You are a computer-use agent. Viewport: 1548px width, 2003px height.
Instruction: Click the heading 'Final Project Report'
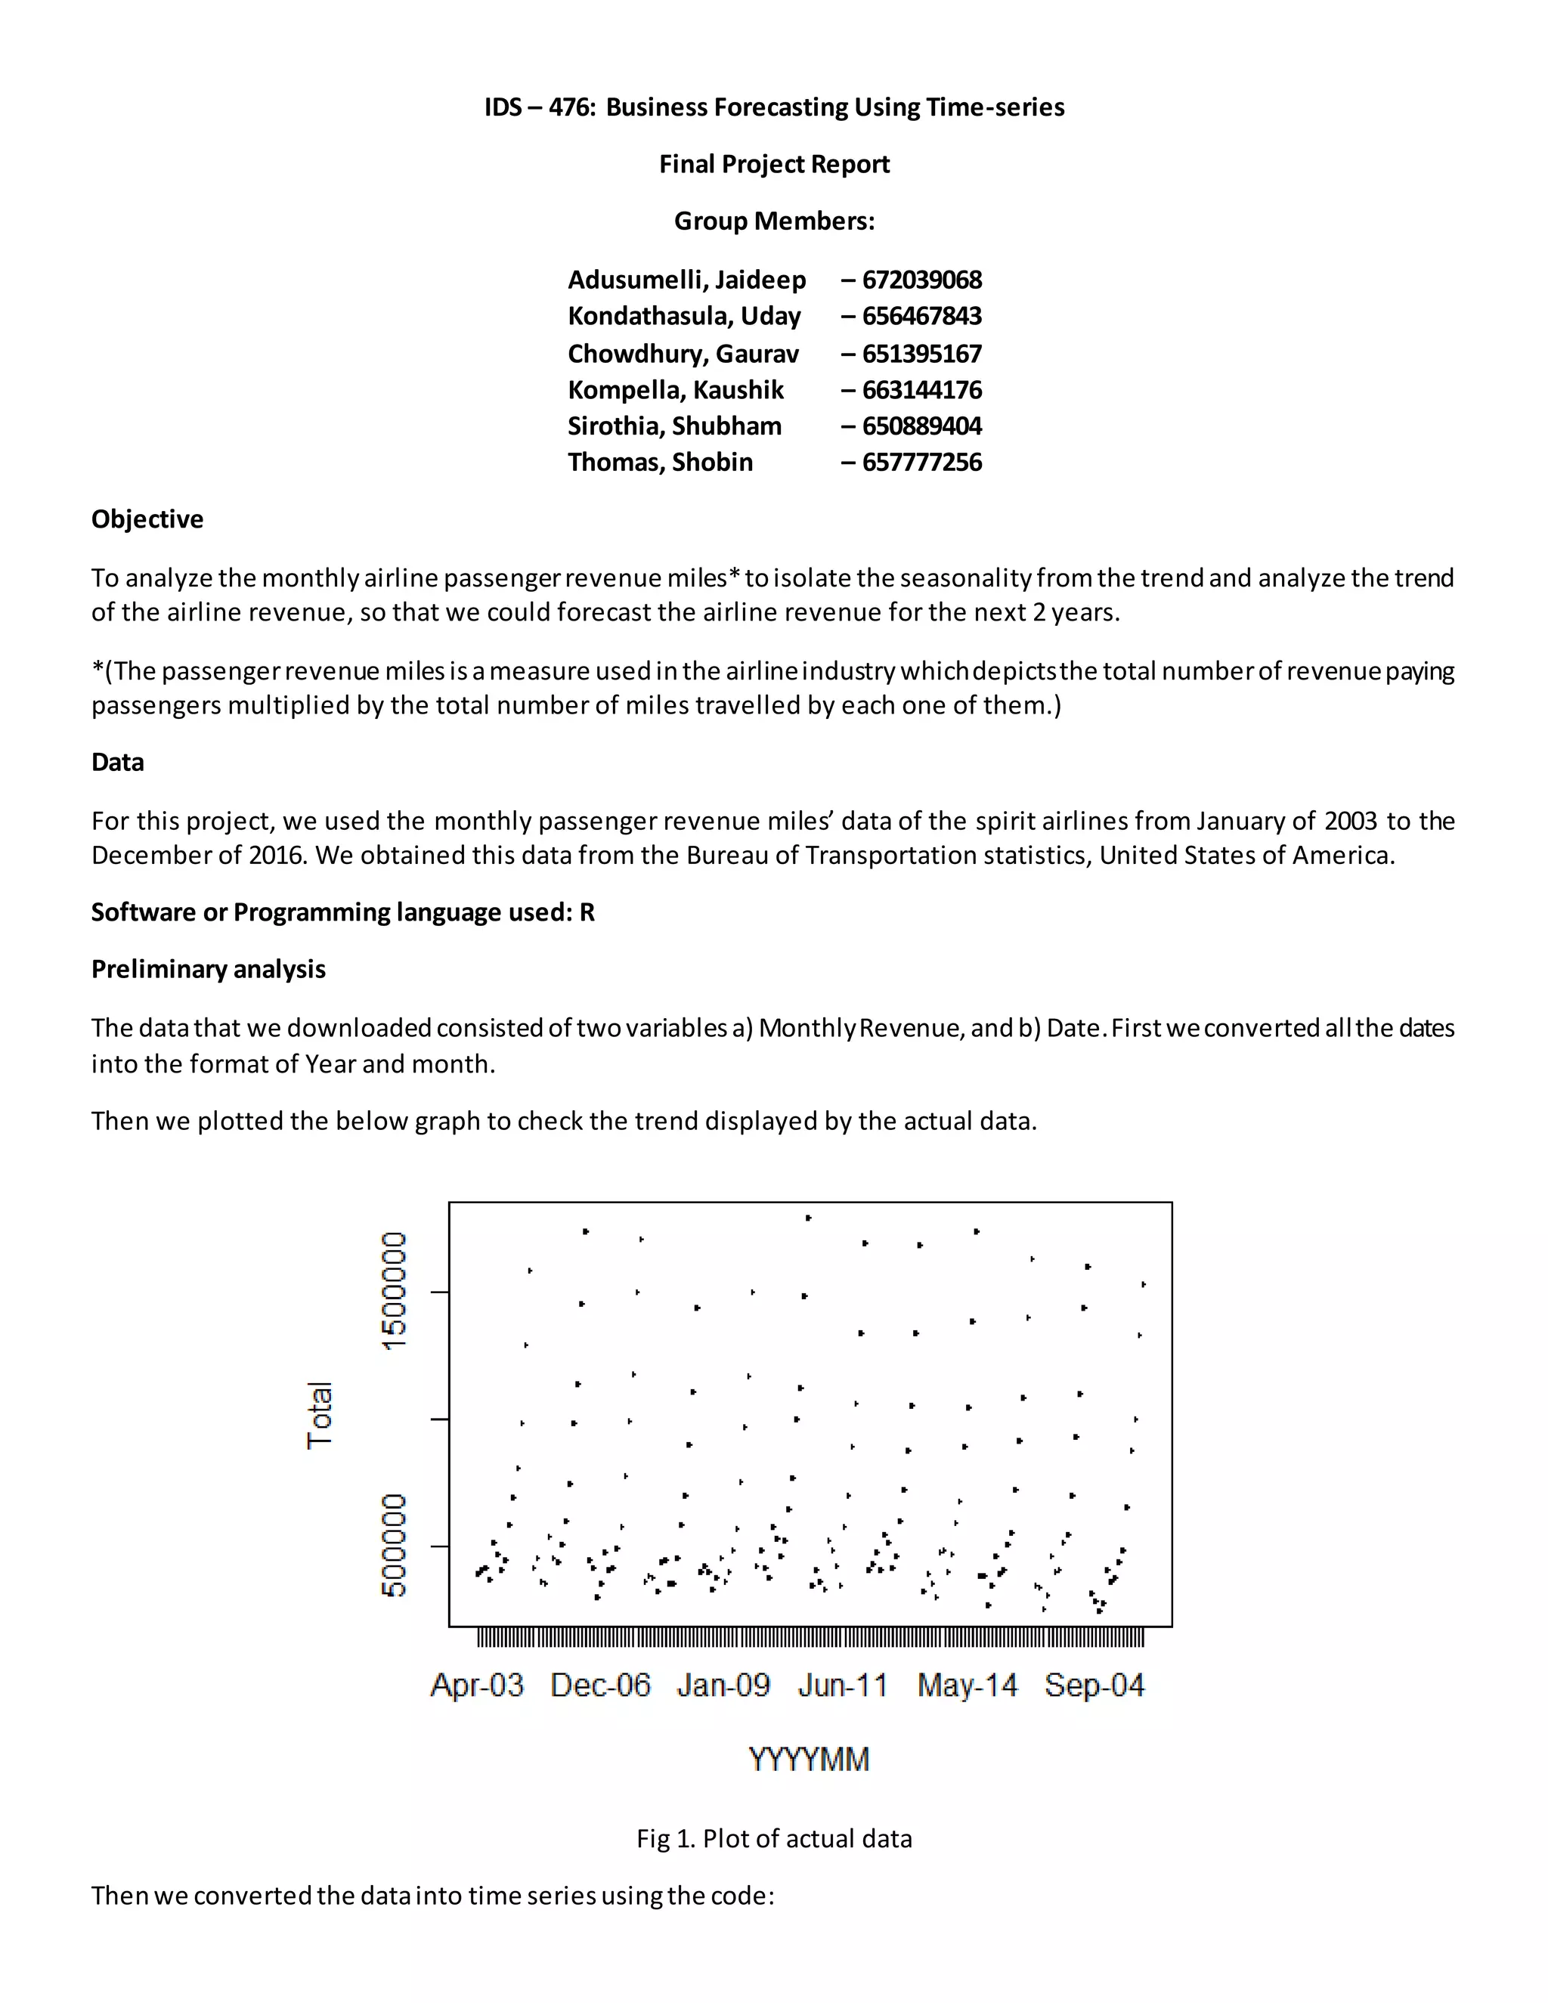point(774,164)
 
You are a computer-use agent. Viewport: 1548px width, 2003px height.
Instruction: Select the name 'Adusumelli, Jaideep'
point(687,280)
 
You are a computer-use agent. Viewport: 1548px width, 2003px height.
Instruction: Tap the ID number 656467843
point(921,317)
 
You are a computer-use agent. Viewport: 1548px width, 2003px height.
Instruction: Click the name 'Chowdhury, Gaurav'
point(683,354)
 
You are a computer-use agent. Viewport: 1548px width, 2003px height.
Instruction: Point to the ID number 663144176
point(921,391)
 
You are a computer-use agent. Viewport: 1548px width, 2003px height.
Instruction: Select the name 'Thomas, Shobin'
point(661,463)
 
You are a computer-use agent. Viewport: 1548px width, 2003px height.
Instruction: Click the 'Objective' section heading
point(147,519)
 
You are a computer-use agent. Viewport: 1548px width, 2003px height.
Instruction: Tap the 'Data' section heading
point(117,762)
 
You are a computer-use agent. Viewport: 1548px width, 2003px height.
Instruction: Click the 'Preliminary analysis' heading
point(208,970)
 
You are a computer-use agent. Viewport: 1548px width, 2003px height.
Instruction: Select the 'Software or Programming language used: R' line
point(343,912)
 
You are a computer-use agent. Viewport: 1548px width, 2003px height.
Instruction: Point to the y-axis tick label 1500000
point(393,1290)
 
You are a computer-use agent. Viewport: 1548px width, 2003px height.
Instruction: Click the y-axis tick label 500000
point(393,1546)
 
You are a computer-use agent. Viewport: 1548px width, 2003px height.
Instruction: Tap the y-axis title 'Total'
point(319,1414)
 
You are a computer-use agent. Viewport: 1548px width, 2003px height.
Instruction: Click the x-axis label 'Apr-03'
point(477,1686)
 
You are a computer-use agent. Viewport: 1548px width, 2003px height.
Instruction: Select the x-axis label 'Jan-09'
point(723,1686)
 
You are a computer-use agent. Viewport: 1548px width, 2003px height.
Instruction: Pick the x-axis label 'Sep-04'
point(1094,1686)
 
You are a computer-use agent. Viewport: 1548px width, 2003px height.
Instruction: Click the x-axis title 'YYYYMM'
point(809,1759)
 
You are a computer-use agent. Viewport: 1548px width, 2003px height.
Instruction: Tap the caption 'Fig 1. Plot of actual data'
point(774,1839)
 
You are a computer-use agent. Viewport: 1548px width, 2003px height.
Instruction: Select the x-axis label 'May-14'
point(967,1686)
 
